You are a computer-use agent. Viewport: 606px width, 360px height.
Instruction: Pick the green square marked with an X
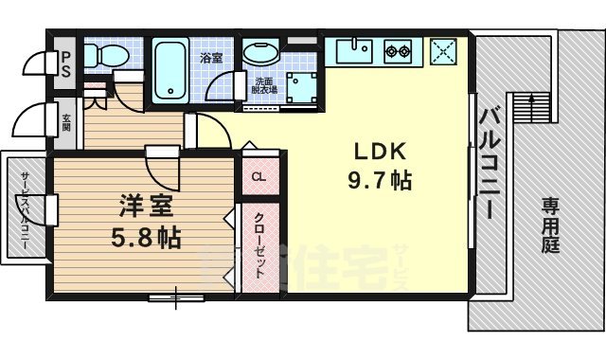point(441,50)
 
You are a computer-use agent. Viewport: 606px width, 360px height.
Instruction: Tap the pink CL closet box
point(258,175)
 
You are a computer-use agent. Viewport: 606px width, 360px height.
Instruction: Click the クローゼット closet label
point(258,244)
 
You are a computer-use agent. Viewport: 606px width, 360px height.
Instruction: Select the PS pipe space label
point(65,63)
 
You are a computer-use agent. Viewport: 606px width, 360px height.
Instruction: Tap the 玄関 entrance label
point(66,122)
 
